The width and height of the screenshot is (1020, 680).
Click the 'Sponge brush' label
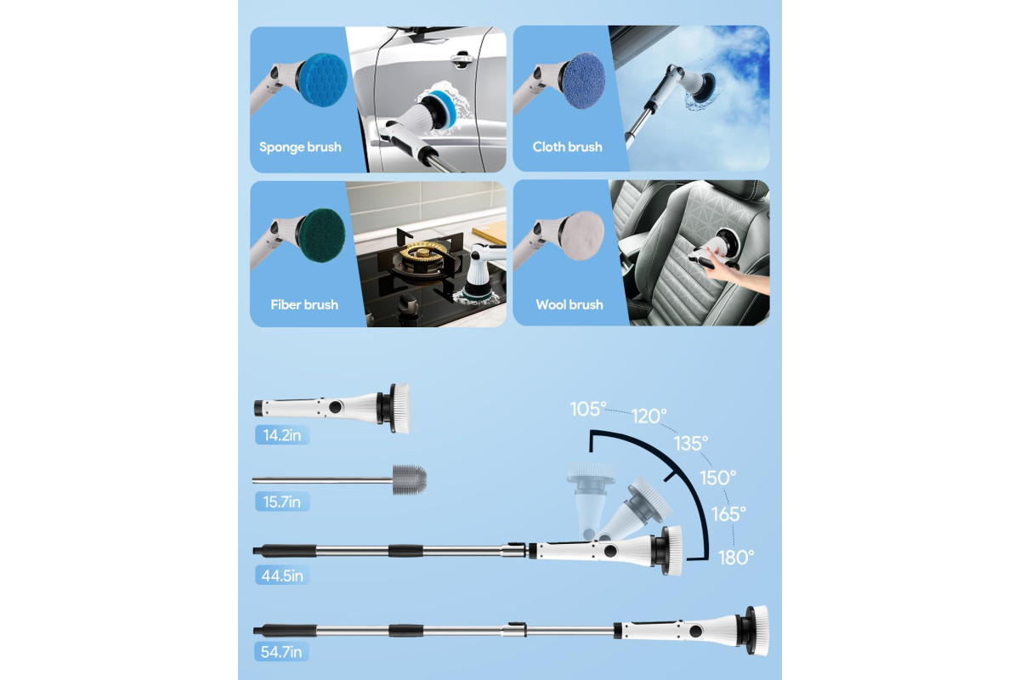300,147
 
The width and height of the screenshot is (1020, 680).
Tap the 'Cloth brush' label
568,147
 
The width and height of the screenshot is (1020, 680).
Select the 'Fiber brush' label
304,304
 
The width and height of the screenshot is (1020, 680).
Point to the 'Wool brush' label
569,304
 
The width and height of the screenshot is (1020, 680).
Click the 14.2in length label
282,435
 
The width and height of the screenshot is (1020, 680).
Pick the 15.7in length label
282,501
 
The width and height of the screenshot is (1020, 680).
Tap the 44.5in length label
282,575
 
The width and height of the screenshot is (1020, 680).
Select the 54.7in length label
281,652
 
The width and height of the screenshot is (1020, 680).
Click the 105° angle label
588,409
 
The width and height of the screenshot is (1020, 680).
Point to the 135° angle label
691,443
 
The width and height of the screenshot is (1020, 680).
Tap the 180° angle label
736,558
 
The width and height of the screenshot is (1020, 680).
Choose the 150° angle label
717,478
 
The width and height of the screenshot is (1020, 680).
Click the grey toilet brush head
410,479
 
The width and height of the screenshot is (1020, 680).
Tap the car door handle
461,59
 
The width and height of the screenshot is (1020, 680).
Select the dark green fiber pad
321,235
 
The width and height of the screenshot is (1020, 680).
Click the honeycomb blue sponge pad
323,80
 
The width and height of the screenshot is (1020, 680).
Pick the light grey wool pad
583,235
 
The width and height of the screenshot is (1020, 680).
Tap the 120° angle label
649,416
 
